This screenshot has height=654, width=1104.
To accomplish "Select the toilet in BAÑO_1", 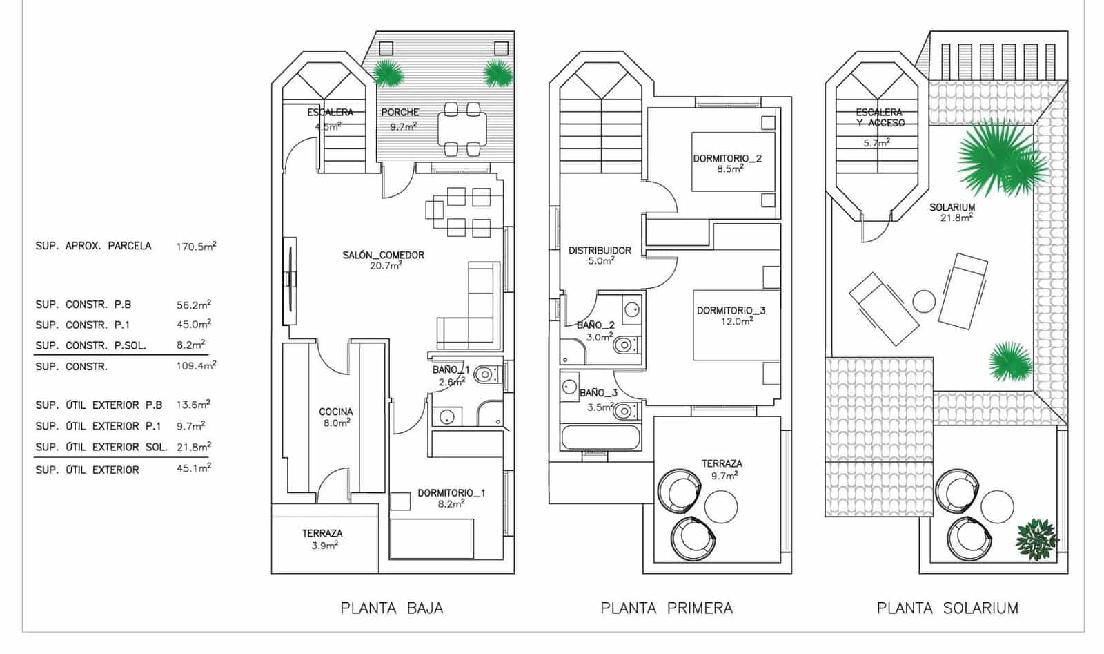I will pos(484,375).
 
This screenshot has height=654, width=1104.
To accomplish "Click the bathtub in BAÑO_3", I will pos(601,438).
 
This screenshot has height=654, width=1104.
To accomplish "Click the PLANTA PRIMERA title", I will pos(667,608).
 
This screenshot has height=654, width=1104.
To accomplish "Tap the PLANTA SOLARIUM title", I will pos(947,608).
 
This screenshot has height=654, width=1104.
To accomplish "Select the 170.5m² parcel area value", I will pos(196,246).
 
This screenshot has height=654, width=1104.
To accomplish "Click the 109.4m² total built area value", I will pos(196,366).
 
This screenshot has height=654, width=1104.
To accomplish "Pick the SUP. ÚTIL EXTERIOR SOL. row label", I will pos(101,448).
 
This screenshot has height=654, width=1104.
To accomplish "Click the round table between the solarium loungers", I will pos(924,301).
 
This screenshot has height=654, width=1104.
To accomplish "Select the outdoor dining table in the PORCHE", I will pos(462,128).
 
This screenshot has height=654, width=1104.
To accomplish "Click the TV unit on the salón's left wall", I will pos(290,280).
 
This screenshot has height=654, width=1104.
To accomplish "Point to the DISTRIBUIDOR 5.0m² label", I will pos(600,256).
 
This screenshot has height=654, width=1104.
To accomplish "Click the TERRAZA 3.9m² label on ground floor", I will pos(322,539).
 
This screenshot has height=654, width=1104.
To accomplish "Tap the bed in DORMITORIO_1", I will pos(432,539).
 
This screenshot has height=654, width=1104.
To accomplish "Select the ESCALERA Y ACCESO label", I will pos(878,117).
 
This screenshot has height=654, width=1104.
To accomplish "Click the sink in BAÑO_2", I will pos(631,309).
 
